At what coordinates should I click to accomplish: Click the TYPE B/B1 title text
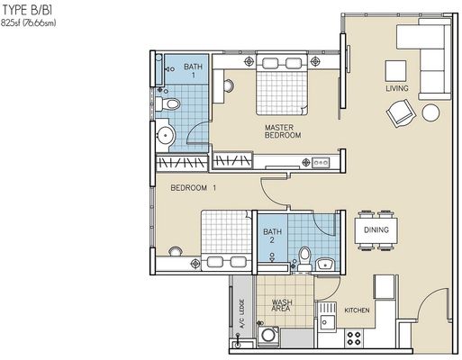[27, 10]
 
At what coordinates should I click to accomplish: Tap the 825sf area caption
[29, 22]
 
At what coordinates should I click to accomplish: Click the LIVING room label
[397, 88]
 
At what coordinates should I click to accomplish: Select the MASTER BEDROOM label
[283, 131]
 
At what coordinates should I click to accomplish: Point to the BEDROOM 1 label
[194, 188]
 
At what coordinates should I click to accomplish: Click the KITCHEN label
[357, 310]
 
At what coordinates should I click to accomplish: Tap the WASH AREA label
[282, 305]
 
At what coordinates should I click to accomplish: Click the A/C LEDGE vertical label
[242, 313]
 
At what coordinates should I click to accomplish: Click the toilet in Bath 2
[304, 258]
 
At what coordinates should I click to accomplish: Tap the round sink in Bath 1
[166, 135]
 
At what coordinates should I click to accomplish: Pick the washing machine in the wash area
[268, 336]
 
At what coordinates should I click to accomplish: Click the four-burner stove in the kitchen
[354, 337]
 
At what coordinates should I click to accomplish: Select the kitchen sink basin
[327, 322]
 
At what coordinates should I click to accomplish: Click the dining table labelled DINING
[376, 230]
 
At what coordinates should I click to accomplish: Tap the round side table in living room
[430, 112]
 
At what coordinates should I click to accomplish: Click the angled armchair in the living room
[401, 113]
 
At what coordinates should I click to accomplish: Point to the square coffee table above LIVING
[396, 71]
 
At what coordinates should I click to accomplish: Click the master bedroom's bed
[282, 85]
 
